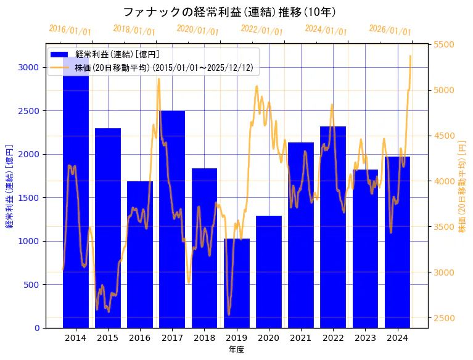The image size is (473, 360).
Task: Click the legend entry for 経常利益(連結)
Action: click(x=117, y=54)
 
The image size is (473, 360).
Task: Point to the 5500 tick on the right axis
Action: click(x=444, y=44)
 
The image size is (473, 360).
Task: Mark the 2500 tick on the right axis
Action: click(x=444, y=318)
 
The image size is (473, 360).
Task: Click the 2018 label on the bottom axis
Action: click(x=204, y=338)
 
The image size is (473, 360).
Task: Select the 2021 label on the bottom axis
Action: click(x=301, y=338)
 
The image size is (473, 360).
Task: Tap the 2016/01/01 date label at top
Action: click(x=70, y=30)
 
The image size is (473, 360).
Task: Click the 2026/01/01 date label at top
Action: click(x=390, y=30)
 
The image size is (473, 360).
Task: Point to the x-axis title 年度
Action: click(x=236, y=350)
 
